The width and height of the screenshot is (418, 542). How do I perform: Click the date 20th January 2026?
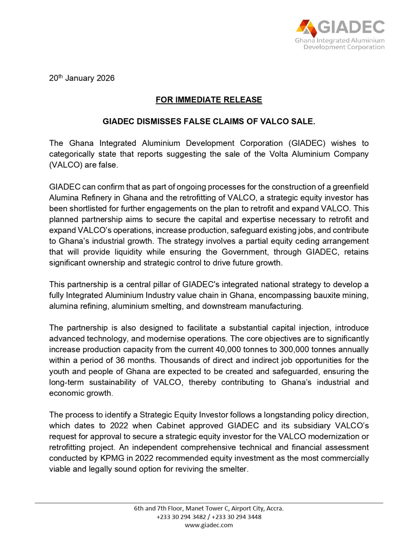pyautogui.click(x=82, y=78)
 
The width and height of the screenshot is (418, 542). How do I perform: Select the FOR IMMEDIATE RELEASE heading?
pyautogui.click(x=209, y=100)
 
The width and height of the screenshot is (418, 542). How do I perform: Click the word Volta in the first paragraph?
pyautogui.click(x=279, y=154)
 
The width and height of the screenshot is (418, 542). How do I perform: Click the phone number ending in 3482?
pyautogui.click(x=181, y=517)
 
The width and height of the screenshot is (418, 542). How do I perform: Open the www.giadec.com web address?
pyautogui.click(x=209, y=525)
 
